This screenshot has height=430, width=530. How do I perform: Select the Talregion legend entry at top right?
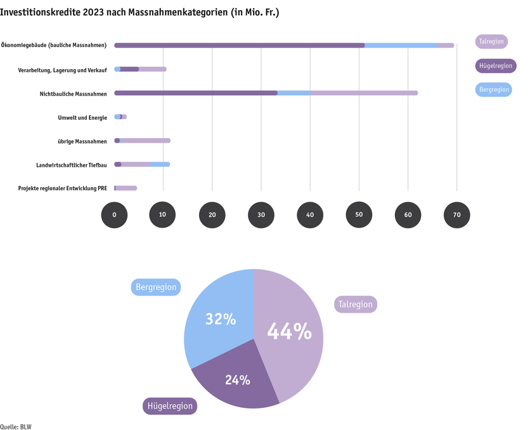(x=491, y=42)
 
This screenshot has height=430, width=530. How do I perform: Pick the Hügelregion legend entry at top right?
(x=495, y=65)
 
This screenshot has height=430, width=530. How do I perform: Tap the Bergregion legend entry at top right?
(x=493, y=89)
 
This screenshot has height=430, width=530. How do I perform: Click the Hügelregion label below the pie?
(x=170, y=406)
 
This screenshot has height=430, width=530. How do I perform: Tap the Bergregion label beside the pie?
(x=156, y=287)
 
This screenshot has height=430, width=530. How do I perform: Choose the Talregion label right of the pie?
(x=355, y=304)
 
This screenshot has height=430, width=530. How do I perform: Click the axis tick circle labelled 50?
(x=359, y=215)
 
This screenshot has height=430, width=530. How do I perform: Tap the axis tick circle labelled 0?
(x=114, y=215)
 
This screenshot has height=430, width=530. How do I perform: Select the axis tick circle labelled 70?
(x=456, y=215)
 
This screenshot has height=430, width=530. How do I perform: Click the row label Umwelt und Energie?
(x=82, y=117)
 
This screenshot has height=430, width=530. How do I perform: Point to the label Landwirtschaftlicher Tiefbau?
(x=71, y=165)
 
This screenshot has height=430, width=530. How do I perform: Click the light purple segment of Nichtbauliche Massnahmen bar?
(x=365, y=93)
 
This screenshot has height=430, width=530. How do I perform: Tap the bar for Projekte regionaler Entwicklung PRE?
(x=126, y=188)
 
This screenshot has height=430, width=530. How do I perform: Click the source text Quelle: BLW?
(x=16, y=426)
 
